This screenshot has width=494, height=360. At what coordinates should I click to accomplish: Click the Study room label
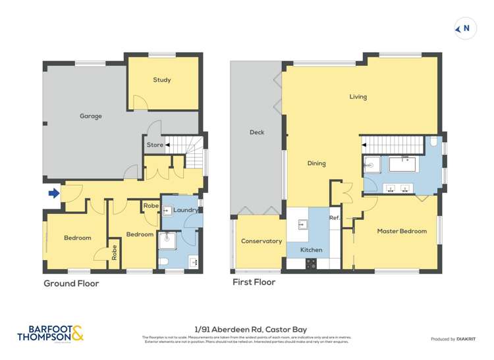coord(162,80)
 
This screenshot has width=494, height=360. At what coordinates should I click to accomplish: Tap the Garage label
coord(91,116)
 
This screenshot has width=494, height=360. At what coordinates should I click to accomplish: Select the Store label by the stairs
coord(155,145)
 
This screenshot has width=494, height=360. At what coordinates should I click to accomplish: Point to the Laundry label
coord(186,210)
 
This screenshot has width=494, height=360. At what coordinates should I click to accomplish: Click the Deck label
coord(257,132)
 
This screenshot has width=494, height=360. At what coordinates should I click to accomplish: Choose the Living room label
coord(358,97)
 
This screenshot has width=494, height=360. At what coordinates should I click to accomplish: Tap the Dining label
coord(316,163)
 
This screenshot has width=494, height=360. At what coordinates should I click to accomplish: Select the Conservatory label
coord(261,241)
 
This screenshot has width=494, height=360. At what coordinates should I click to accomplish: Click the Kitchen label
coord(311,250)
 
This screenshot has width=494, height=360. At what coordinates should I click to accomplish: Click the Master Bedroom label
coord(402,231)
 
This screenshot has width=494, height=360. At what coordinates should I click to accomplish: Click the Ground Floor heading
coord(71,284)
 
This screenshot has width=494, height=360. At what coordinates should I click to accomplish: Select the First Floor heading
coord(254,282)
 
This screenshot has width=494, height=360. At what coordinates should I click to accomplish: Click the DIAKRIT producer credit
coord(453,338)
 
